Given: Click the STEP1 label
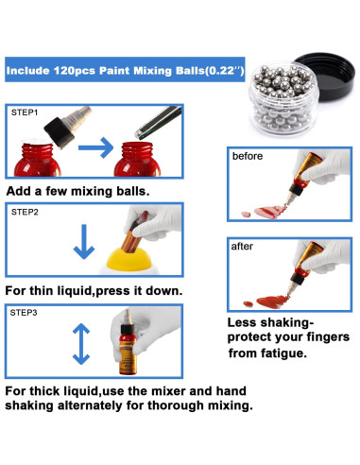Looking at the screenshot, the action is pyautogui.click(x=25, y=112).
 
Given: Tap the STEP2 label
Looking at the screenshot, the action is pyautogui.click(x=25, y=212).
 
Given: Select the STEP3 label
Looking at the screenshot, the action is pyautogui.click(x=24, y=313).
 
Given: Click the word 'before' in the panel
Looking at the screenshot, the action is pyautogui.click(x=248, y=156).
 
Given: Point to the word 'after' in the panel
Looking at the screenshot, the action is pyautogui.click(x=242, y=246).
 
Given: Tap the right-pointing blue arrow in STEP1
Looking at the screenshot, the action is pyautogui.click(x=95, y=147).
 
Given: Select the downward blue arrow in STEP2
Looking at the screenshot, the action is pyautogui.click(x=84, y=241).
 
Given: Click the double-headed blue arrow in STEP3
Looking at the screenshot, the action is pyautogui.click(x=81, y=344).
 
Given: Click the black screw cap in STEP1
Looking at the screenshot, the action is pyautogui.click(x=59, y=132).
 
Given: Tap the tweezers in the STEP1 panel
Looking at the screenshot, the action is pyautogui.click(x=159, y=123).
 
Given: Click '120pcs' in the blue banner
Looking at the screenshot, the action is pyautogui.click(x=75, y=70).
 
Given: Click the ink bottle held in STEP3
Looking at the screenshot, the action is pyautogui.click(x=129, y=342).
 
